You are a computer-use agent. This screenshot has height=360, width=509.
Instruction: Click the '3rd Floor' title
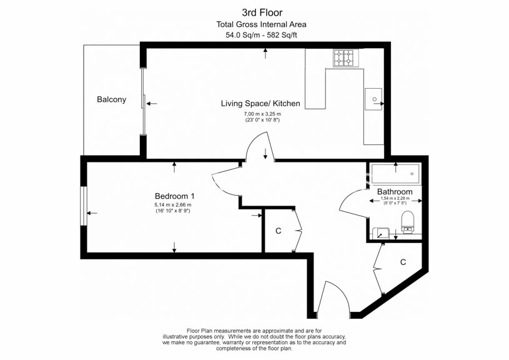tap(262, 12)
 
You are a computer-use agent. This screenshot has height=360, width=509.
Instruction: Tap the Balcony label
tap(111, 99)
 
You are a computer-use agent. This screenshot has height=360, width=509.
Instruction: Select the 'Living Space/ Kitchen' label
tap(260, 104)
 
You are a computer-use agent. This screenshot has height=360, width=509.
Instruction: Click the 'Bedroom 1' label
tap(174, 196)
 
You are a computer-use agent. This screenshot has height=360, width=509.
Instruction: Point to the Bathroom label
tap(395, 192)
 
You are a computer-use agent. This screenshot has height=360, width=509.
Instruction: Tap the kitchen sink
tap(373, 99)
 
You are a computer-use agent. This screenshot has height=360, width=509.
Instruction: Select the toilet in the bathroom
tap(407, 222)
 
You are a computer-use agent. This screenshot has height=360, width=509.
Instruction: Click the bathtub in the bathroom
tap(395, 174)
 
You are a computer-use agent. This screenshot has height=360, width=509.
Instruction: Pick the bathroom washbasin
tap(381, 233)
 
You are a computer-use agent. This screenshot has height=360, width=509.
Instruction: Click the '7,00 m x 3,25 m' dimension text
tap(262, 114)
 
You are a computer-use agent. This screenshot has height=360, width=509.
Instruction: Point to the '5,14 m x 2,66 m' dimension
tap(173, 205)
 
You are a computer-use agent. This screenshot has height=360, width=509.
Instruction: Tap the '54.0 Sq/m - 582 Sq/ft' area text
tap(261, 35)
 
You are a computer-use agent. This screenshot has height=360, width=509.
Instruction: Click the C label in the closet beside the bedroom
tap(278, 231)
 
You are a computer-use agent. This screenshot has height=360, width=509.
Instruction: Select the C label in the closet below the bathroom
tap(403, 262)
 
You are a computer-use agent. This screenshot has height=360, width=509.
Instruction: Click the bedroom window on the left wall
tap(84, 206)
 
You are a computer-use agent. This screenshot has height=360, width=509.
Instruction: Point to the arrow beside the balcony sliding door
tap(152, 104)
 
